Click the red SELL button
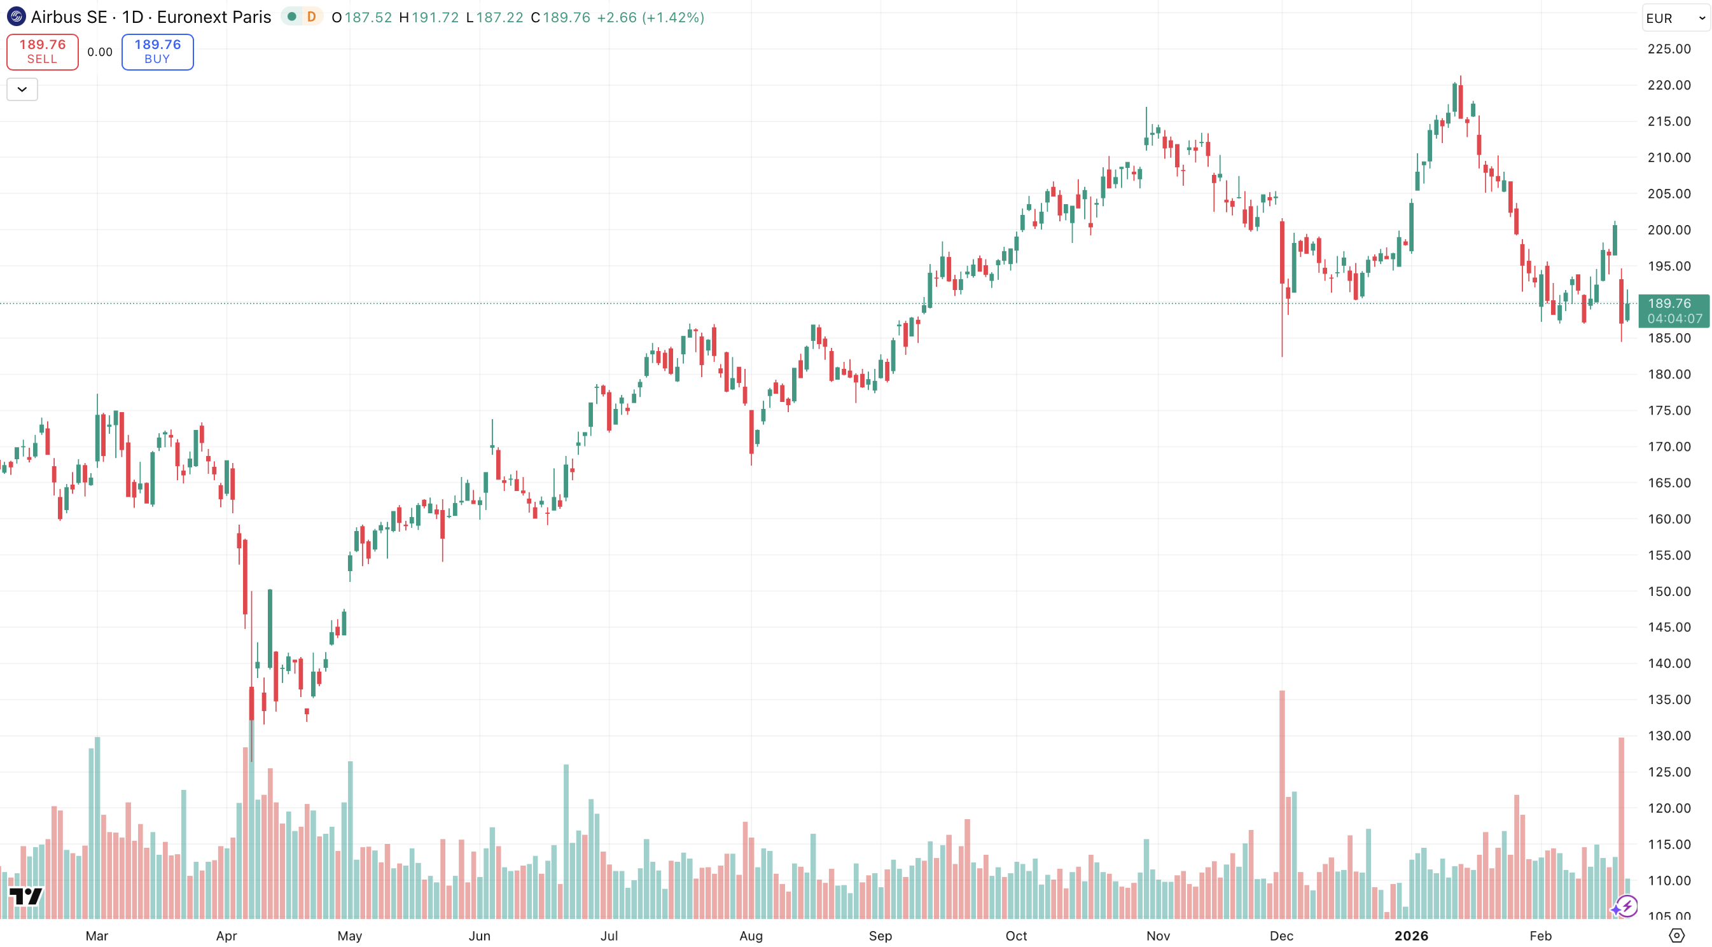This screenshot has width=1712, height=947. [43, 52]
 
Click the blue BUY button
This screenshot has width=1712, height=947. [158, 52]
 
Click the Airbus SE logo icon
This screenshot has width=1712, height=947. [16, 17]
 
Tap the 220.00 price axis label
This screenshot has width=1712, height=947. [1669, 85]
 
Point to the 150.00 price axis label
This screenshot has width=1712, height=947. [1669, 591]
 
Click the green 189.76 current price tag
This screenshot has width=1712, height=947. [1673, 311]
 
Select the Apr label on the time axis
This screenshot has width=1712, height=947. [226, 936]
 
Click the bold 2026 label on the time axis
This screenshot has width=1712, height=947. [1411, 936]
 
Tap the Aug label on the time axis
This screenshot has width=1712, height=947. [751, 936]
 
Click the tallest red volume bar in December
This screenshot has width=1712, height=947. [1282, 804]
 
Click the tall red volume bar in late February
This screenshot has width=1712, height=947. [1621, 827]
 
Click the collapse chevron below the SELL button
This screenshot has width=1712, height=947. [22, 89]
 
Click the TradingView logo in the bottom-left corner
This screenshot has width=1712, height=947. [26, 897]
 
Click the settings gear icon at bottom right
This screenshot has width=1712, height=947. [1677, 936]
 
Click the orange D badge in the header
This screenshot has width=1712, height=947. [311, 17]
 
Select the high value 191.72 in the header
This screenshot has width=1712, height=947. [435, 17]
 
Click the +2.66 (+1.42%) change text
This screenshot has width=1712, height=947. [650, 17]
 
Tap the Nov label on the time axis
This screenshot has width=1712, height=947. [1159, 936]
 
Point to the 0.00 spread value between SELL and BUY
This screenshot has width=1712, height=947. [100, 52]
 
